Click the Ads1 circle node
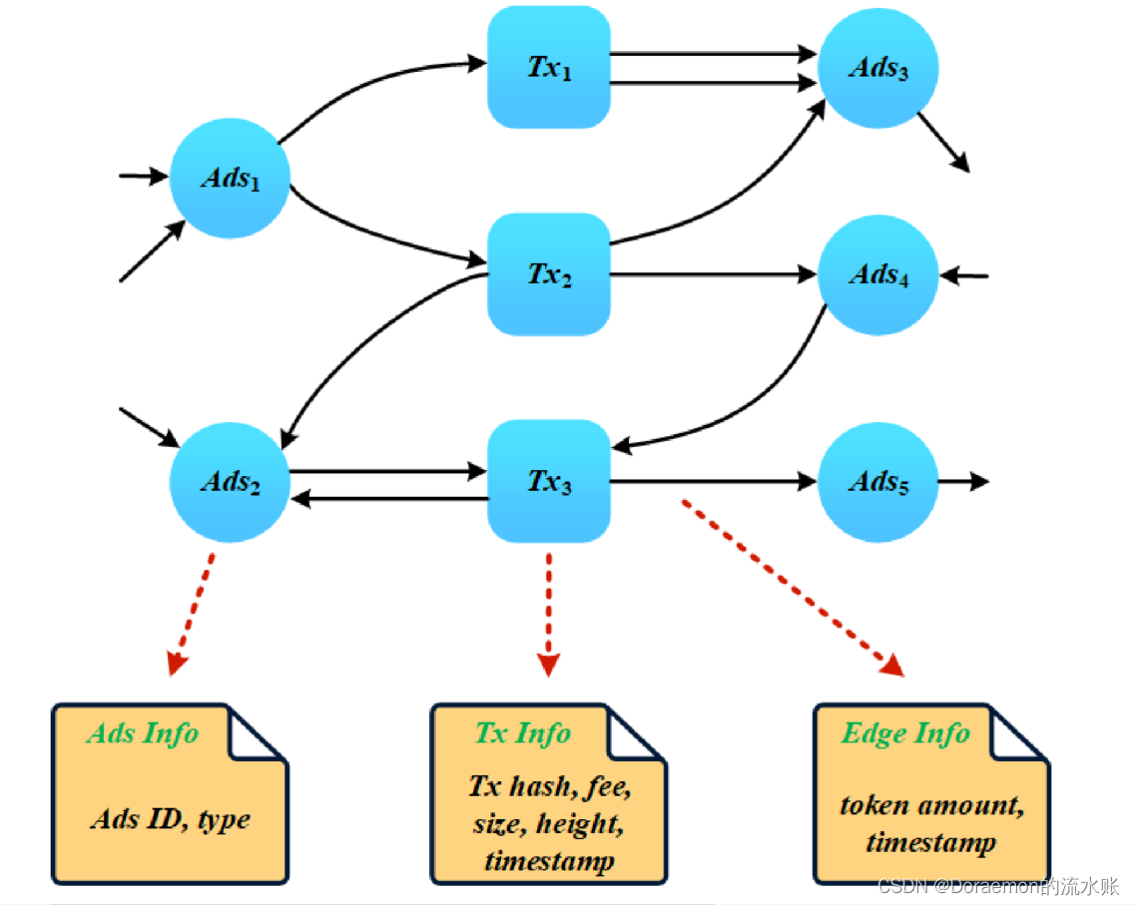tap(230, 178)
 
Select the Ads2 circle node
tap(230, 482)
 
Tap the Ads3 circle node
tap(878, 68)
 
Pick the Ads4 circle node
tap(878, 274)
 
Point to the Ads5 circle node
tap(878, 482)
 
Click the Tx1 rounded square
tap(548, 67)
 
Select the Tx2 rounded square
tap(548, 274)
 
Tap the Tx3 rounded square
tap(548, 482)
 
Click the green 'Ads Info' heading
tap(143, 733)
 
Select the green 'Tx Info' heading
tap(522, 733)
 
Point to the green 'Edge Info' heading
tap(905, 733)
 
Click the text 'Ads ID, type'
tap(170, 819)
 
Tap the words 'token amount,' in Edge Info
tap(930, 805)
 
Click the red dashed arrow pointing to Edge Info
tap(794, 589)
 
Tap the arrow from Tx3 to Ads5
tap(713, 482)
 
